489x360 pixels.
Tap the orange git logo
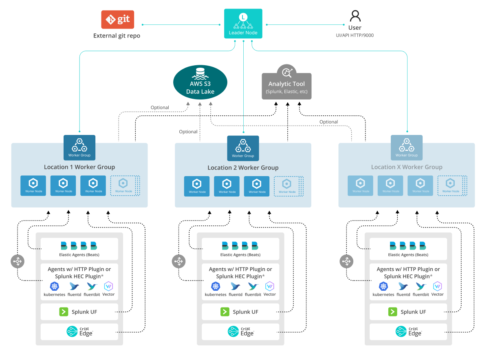click(118, 20)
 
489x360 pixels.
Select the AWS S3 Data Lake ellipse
click(200, 82)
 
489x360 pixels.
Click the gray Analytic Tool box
click(286, 86)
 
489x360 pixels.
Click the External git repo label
click(117, 36)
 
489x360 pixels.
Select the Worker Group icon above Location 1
click(79, 147)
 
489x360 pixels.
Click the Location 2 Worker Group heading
click(243, 168)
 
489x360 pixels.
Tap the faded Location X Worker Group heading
click(407, 167)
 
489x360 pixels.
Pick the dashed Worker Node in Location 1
click(123, 186)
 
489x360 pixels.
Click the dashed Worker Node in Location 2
click(287, 186)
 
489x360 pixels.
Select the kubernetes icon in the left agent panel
click(55, 286)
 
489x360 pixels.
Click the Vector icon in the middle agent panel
click(270, 286)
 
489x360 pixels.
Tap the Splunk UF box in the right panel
click(408, 312)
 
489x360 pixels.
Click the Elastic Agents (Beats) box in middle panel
click(240, 249)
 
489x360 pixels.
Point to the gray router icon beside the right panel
click(346, 261)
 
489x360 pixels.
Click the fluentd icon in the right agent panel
click(403, 286)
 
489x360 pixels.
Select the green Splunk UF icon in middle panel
click(225, 312)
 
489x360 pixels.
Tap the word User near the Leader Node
click(355, 28)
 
